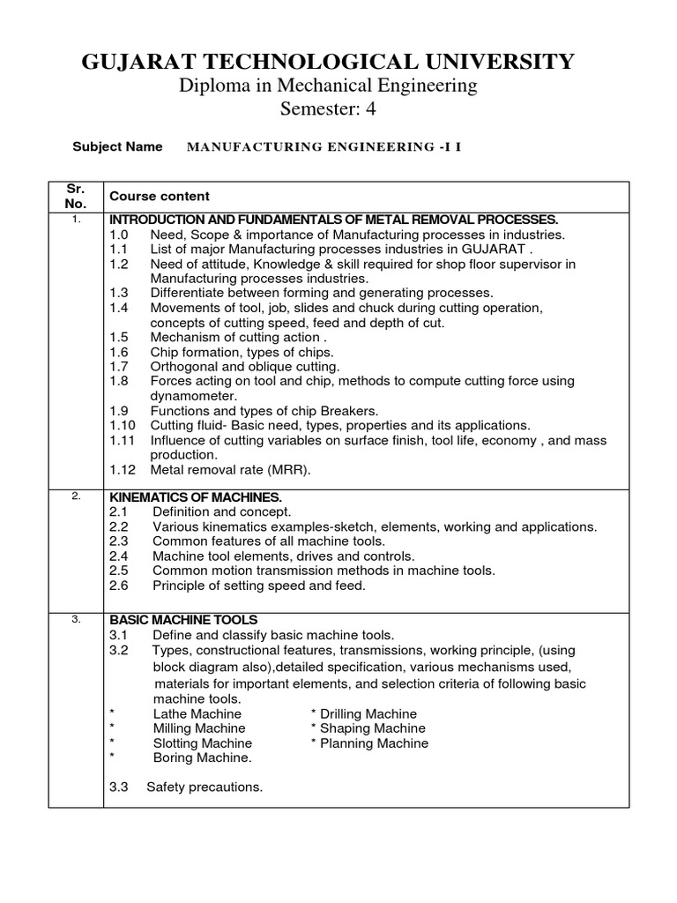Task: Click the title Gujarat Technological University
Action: (x=328, y=61)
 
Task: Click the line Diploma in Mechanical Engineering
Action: (x=328, y=86)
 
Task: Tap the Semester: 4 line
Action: (x=328, y=109)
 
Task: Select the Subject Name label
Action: (x=117, y=146)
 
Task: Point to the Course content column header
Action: (x=160, y=196)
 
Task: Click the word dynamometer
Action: (x=191, y=396)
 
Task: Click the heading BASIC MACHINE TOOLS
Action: (x=183, y=620)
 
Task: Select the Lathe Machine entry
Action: (x=197, y=713)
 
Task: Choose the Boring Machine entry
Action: (x=203, y=757)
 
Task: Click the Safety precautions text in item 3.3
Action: (x=205, y=787)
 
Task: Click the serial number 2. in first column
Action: (x=77, y=496)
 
